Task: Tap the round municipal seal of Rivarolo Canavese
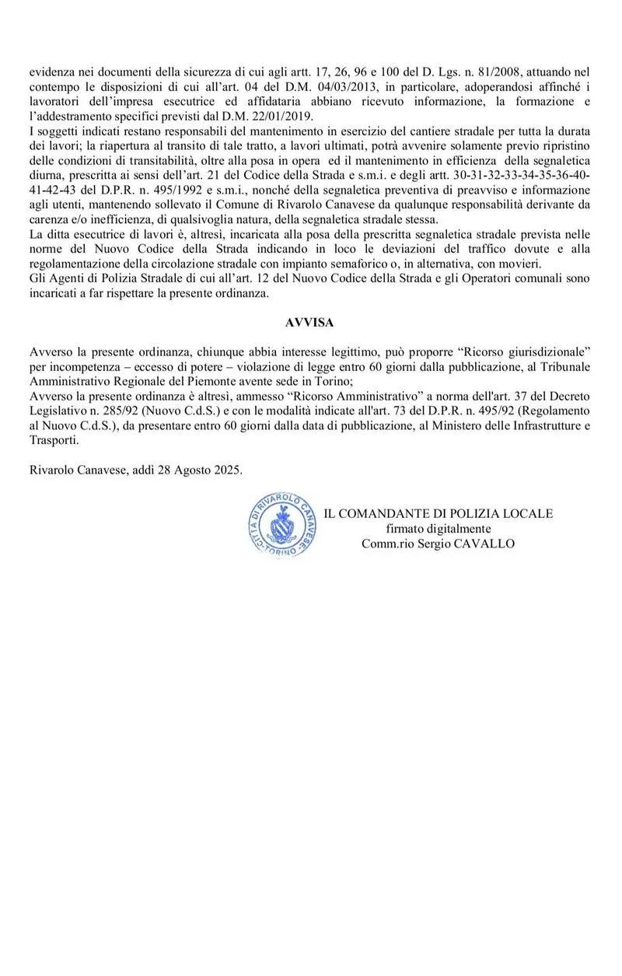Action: [x=273, y=529]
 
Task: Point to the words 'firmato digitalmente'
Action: [x=438, y=529]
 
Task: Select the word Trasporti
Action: [x=54, y=440]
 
